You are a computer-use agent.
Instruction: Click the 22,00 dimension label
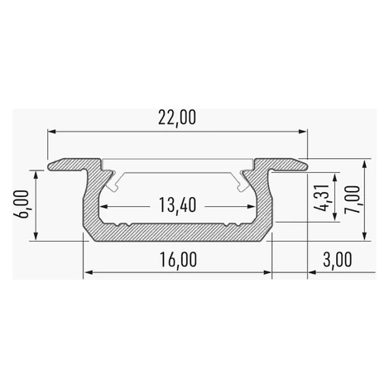click(x=177, y=118)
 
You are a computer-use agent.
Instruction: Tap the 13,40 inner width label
click(x=177, y=205)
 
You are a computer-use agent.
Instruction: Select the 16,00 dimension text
click(x=178, y=260)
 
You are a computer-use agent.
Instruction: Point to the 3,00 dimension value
click(x=338, y=259)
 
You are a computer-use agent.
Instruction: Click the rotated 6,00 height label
click(x=22, y=204)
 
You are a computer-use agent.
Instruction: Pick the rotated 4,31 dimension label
click(x=323, y=198)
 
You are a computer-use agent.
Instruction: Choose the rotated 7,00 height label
click(x=353, y=199)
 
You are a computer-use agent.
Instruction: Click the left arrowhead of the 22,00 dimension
click(x=51, y=132)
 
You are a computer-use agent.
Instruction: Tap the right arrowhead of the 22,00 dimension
click(x=303, y=132)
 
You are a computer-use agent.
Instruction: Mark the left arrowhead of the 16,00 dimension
click(x=88, y=272)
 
